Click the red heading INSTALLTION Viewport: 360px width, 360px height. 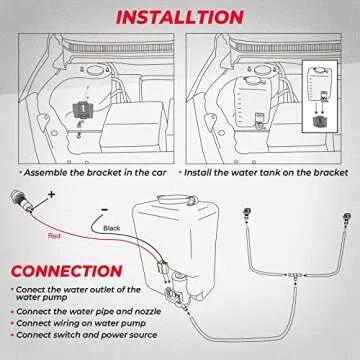180,17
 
